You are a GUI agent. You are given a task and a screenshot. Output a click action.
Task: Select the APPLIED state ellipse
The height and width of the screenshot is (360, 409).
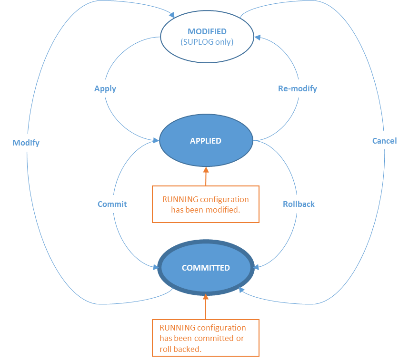[x=205, y=141]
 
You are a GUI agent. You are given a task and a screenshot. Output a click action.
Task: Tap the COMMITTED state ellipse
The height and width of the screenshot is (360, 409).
[x=206, y=268]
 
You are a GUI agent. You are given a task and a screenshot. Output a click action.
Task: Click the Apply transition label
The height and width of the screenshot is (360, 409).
[x=105, y=88]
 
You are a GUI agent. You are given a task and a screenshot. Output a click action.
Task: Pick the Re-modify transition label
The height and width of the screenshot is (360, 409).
[x=297, y=88]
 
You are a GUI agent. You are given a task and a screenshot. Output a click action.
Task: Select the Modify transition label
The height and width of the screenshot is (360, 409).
[x=26, y=143]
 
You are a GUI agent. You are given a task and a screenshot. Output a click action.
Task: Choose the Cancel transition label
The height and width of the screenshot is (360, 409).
[x=384, y=140]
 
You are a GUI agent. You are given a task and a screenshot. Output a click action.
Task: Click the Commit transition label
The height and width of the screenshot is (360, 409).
[x=112, y=204]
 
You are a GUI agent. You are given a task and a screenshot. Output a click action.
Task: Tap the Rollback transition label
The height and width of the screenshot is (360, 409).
[x=299, y=204]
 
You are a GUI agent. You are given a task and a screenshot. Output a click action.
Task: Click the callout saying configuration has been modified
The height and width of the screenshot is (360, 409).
[x=205, y=204]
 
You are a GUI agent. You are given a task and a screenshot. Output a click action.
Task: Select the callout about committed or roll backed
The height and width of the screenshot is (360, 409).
[x=205, y=338]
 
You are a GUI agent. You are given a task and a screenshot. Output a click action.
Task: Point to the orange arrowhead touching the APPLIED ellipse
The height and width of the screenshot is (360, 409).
[x=206, y=169]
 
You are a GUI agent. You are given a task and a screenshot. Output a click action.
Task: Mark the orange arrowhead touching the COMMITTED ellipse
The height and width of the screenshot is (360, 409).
[x=206, y=297]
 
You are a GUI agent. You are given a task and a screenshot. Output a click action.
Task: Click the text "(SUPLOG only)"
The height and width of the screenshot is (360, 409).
[x=207, y=42]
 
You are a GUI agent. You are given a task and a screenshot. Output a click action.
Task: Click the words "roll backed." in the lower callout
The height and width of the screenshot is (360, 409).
[x=180, y=349]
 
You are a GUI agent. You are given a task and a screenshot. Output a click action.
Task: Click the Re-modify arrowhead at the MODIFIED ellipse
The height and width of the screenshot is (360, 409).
[x=258, y=37]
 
